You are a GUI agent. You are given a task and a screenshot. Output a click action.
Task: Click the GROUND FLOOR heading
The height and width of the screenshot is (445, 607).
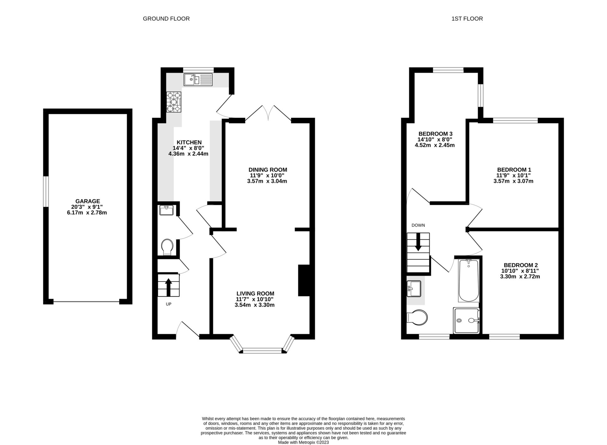[166, 19]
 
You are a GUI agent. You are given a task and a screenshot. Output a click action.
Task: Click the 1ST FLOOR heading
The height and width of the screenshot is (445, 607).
[467, 19]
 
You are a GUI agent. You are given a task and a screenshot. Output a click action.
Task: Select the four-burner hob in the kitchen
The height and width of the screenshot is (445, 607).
[174, 102]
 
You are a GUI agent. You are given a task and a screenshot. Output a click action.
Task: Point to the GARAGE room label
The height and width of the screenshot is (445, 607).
[88, 201]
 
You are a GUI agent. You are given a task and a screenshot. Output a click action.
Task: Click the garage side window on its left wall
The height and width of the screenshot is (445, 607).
[46, 192]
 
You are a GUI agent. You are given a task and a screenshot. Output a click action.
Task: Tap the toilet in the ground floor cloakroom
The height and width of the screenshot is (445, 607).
[167, 247]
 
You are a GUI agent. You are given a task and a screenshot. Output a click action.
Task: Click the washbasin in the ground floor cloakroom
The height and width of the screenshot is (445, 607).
[166, 210]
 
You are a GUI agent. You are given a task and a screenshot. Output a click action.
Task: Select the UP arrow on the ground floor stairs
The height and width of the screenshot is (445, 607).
[168, 287]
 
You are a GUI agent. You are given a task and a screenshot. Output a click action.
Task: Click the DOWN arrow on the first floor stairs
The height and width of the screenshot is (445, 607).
[418, 242]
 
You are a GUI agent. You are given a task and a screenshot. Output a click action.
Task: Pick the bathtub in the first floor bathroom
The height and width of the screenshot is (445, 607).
[469, 280]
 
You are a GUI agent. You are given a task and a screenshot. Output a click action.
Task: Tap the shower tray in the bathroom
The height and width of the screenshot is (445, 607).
[467, 320]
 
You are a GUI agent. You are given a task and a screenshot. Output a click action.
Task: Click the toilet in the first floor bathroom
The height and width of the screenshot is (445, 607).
[417, 317]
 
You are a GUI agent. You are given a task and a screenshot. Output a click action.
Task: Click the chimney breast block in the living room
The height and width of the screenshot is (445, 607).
[304, 280]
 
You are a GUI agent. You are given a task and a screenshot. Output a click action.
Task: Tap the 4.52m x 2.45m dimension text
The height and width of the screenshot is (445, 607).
[435, 145]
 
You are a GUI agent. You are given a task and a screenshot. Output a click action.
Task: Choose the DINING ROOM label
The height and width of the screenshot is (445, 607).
[268, 170]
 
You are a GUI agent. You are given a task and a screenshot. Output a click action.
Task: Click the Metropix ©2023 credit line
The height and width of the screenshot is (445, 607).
[303, 442]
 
